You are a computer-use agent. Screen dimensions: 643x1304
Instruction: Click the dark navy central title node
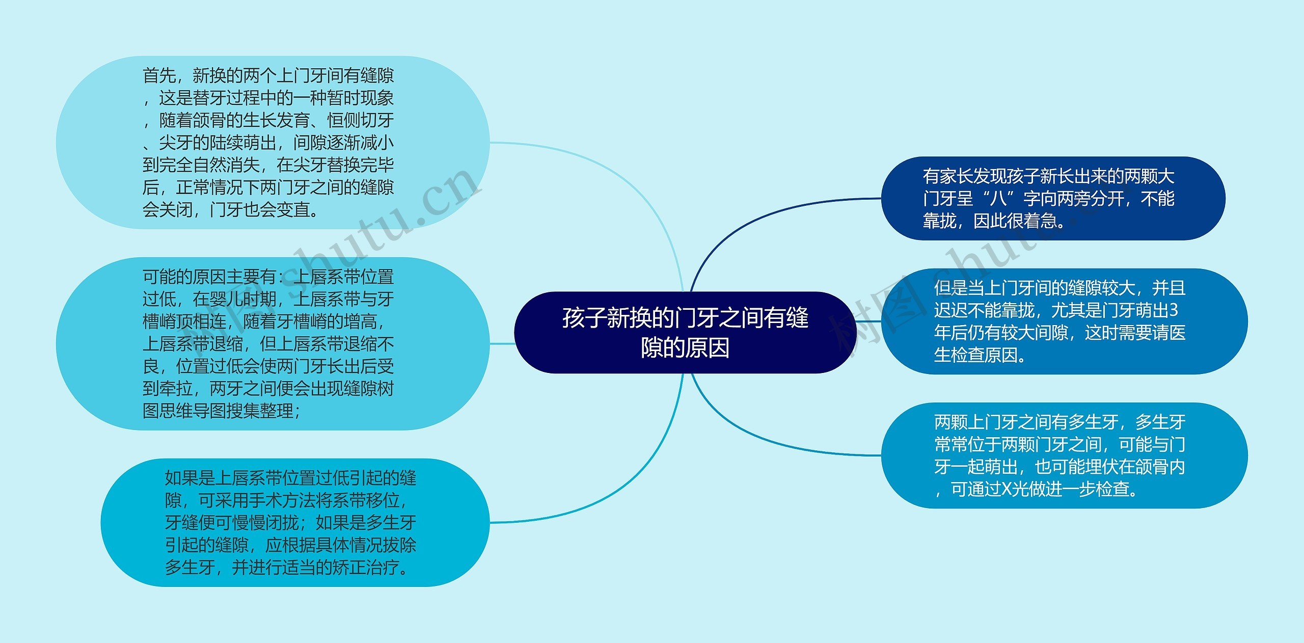[685, 332]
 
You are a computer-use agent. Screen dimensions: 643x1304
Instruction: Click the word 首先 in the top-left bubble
[159, 76]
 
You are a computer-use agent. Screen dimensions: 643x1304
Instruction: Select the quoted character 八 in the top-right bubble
[998, 199]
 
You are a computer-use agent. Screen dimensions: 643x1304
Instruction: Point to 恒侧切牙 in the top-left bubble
[360, 121]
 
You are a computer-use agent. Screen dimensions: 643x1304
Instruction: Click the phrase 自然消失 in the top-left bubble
[226, 165]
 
